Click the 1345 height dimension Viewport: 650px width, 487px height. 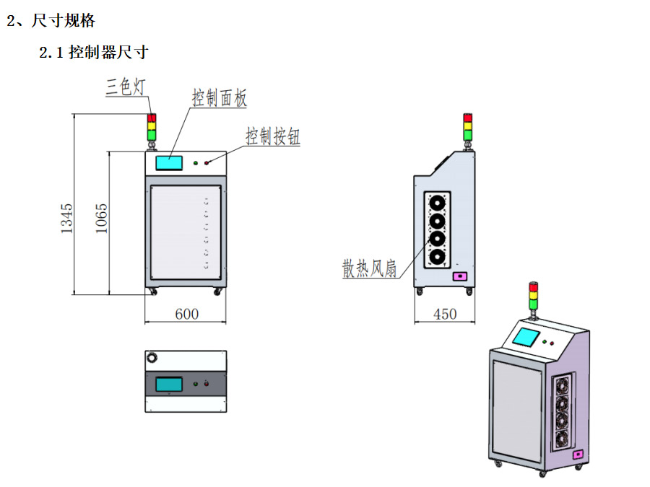[66, 218]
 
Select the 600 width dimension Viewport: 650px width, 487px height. [186, 314]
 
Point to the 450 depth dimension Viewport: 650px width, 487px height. [445, 314]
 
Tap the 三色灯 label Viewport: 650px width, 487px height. [126, 87]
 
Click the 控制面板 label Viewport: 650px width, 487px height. [220, 97]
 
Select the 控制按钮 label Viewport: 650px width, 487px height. [272, 136]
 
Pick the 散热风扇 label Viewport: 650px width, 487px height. [370, 268]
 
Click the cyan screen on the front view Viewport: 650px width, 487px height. [169, 162]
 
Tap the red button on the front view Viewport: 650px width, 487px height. [207, 162]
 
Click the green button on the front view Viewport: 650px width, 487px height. [196, 162]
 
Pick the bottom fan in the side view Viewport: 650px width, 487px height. [437, 256]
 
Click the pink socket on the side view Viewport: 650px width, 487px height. [459, 276]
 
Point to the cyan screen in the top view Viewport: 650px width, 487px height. [169, 384]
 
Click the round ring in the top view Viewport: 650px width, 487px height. [152, 358]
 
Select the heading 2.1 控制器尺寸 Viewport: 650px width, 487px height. [94, 52]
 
